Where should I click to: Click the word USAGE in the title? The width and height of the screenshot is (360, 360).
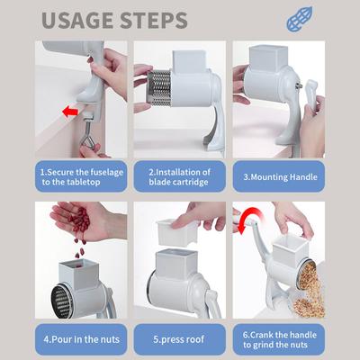(x=78, y=20)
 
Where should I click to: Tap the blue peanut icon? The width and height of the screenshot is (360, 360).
(x=300, y=20)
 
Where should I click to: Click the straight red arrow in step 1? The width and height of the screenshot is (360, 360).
(x=70, y=112)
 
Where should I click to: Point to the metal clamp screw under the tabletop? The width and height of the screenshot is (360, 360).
(x=89, y=133)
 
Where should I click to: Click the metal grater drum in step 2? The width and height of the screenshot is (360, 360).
(x=159, y=88)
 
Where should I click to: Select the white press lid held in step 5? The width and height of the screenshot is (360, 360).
(x=177, y=232)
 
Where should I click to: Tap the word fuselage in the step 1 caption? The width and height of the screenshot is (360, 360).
(x=106, y=173)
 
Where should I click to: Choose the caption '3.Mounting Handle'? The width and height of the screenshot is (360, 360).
(x=280, y=177)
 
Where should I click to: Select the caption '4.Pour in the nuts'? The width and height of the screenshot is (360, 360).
(x=82, y=339)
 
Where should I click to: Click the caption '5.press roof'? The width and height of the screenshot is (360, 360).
(x=179, y=339)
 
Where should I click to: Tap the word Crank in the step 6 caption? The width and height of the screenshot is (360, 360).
(x=261, y=335)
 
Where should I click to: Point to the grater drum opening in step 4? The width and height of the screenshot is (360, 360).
(x=62, y=301)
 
